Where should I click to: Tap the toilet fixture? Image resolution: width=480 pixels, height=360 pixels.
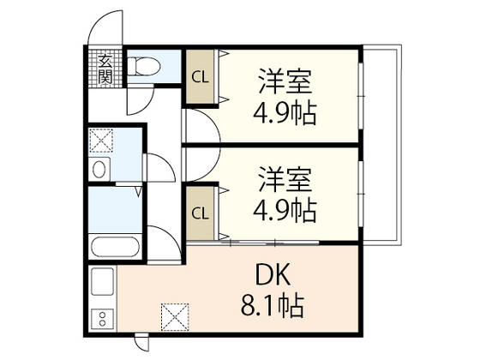(144, 65)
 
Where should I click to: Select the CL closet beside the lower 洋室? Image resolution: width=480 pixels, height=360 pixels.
(200, 213)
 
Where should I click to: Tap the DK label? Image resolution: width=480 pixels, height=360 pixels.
(275, 275)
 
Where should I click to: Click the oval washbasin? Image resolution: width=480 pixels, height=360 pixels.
(101, 168)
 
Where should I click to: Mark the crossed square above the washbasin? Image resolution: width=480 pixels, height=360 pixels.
(101, 141)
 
